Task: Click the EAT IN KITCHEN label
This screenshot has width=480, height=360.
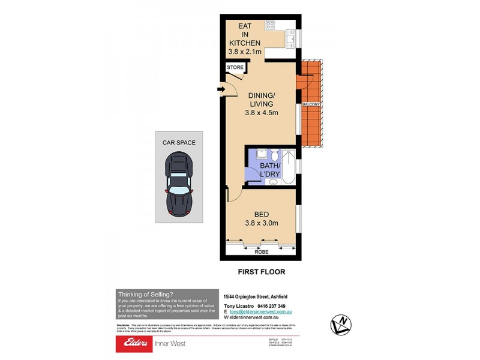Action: click(x=244, y=39)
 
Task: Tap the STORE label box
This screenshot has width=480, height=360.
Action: click(x=236, y=68)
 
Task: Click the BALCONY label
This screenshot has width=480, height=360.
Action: click(x=311, y=105)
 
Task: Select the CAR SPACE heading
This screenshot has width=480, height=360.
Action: click(x=179, y=143)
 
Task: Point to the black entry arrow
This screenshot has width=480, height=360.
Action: click(x=220, y=91)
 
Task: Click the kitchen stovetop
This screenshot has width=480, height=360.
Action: click(x=270, y=25)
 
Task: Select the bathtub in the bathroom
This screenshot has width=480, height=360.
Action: click(x=288, y=168)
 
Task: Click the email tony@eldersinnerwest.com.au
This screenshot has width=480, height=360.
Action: click(x=265, y=313)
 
